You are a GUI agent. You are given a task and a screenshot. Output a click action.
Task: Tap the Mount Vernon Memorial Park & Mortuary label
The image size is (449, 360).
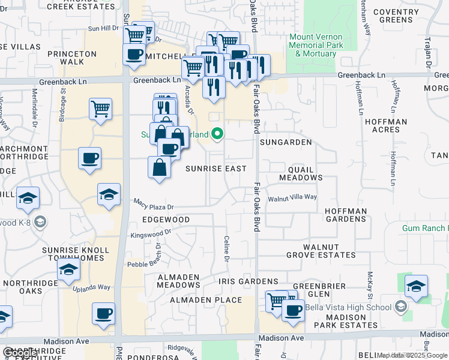tap(316, 45)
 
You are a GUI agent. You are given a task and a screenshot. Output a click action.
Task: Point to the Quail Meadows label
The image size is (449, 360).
tap(301, 173)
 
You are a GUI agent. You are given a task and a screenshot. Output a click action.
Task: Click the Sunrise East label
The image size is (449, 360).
tap(215, 169)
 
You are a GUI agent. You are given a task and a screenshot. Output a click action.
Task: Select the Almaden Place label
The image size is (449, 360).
tap(206, 299)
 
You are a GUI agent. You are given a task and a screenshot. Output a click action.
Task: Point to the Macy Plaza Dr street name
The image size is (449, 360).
tap(153, 206)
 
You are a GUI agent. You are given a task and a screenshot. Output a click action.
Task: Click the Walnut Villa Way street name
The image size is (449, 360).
tap(292, 197)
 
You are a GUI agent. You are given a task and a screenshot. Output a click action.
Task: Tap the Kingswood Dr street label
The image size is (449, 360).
tap(151, 235)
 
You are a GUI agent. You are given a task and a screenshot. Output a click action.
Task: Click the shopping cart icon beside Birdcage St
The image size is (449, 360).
tap(101, 109)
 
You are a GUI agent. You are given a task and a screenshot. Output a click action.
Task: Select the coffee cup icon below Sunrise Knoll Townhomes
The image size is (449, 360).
tap(103, 313)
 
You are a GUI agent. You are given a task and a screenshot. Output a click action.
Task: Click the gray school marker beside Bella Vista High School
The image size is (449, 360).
tap(400, 308)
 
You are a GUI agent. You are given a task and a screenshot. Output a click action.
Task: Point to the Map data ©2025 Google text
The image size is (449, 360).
tap(412, 355)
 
